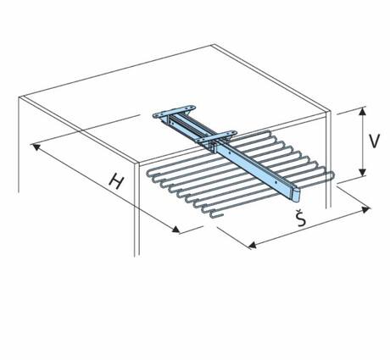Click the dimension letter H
117,181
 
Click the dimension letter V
375,141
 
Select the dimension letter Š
301,218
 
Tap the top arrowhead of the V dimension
363,112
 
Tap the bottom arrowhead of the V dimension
363,172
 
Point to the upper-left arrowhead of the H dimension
36,147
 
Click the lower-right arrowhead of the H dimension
175,230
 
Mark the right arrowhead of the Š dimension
366,209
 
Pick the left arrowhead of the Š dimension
252,245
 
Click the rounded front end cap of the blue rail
295,196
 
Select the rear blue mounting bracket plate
174,112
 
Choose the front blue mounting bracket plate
216,136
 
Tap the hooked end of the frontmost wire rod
216,216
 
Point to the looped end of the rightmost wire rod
332,176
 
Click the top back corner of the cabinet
213,45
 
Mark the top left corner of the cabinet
19,97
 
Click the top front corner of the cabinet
136,164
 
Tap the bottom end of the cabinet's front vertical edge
136,256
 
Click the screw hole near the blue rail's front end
281,183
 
